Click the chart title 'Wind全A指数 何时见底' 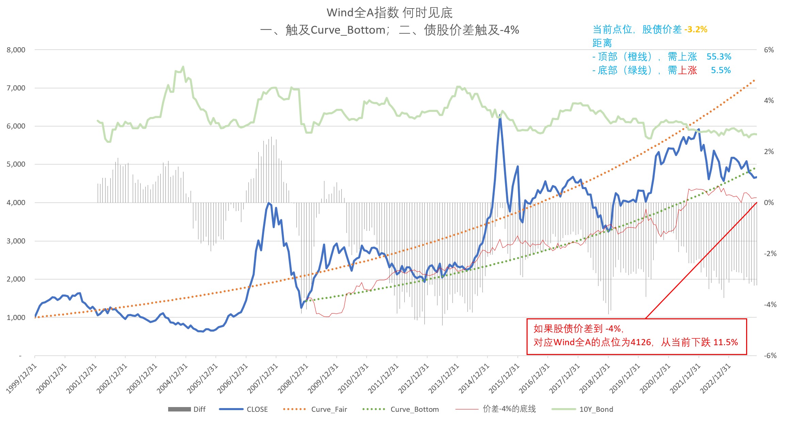(x=389, y=13)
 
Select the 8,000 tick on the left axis (x=16, y=50)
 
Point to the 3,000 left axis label (x=16, y=241)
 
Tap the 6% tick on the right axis (x=769, y=50)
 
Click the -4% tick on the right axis (x=770, y=305)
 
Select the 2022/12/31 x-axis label (x=715, y=378)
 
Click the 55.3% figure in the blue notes (x=719, y=56)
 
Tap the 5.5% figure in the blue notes (x=721, y=70)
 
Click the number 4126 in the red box (x=641, y=342)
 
